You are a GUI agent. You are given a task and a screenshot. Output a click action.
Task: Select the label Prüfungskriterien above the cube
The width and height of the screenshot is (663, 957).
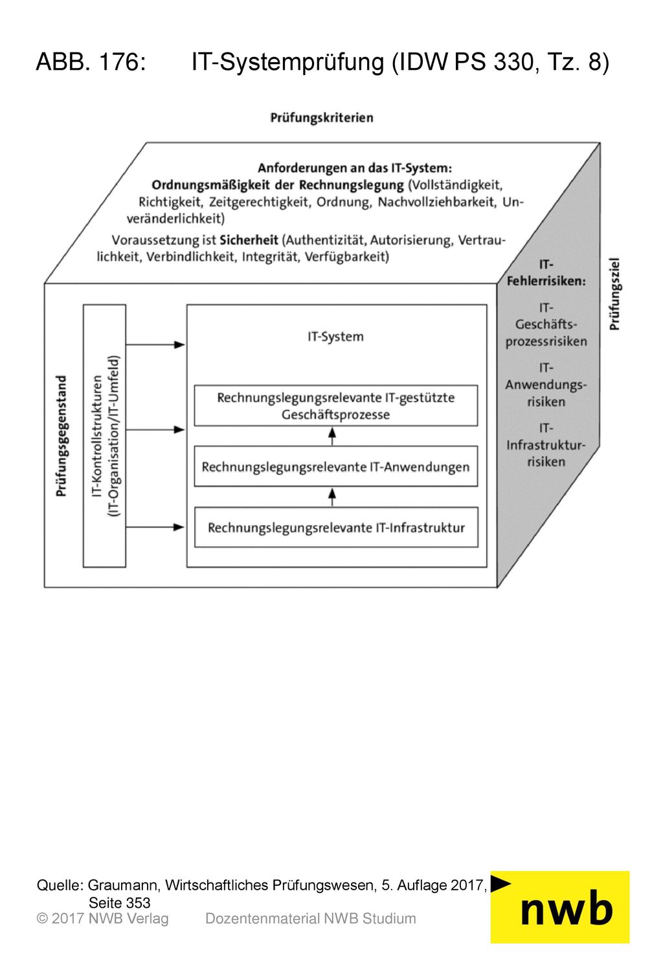click(321, 118)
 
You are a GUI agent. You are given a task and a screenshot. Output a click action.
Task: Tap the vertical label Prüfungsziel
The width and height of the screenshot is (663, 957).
click(614, 294)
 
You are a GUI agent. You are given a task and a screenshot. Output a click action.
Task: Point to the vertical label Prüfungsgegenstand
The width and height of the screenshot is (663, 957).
click(62, 435)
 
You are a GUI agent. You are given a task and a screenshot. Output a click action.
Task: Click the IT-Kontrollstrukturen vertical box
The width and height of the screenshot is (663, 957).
click(104, 435)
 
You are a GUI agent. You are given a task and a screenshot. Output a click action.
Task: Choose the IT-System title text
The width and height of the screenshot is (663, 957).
click(335, 336)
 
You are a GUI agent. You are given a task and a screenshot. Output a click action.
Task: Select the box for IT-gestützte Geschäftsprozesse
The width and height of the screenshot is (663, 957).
click(336, 406)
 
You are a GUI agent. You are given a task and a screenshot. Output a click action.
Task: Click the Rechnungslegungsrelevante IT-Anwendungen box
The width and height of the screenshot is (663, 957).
click(336, 466)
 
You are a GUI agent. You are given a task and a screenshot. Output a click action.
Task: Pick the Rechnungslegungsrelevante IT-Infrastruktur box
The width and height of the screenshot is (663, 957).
click(336, 527)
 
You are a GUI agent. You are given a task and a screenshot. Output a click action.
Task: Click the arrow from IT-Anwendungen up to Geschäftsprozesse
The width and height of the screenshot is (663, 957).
click(332, 436)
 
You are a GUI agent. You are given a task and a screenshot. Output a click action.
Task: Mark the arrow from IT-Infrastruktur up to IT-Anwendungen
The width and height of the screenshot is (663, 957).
click(332, 498)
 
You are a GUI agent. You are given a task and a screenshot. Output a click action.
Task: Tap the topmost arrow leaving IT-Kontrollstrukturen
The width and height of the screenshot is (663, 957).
click(155, 344)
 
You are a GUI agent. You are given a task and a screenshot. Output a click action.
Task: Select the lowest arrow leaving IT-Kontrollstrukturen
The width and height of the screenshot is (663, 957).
click(155, 527)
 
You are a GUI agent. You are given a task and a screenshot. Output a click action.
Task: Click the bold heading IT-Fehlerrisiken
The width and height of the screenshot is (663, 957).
click(546, 272)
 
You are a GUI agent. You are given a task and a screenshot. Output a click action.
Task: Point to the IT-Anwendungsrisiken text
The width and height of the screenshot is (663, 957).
click(546, 385)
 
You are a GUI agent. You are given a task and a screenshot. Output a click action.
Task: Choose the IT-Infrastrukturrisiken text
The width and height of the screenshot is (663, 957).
click(546, 445)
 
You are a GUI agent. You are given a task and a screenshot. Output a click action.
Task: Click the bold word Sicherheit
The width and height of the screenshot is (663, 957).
click(249, 240)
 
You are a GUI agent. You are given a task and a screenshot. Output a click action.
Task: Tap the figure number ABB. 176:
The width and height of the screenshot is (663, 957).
click(91, 62)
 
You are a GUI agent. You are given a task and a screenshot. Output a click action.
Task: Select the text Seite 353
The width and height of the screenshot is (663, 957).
click(120, 903)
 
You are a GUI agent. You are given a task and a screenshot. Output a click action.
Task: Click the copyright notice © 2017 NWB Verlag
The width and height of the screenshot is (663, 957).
click(102, 919)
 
